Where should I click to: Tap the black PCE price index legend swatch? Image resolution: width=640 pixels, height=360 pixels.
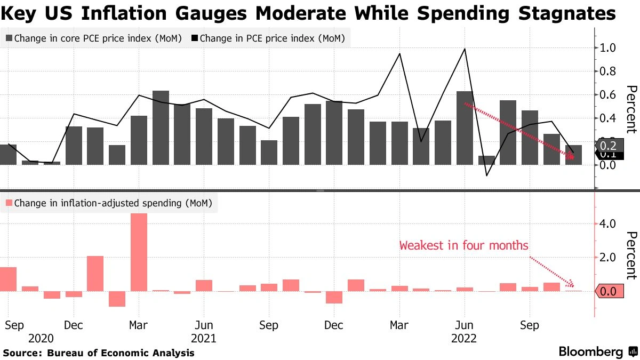(194, 38)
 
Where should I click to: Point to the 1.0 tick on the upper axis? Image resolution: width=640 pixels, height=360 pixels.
(607, 48)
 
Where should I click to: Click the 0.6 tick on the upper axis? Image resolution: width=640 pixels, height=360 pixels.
(607, 95)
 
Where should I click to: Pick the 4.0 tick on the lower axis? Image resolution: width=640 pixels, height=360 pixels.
(607, 223)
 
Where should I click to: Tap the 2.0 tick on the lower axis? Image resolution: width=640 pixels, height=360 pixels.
(607, 258)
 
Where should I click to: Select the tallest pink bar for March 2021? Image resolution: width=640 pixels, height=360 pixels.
(139, 252)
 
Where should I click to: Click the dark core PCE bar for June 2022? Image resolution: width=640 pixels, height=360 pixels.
(465, 128)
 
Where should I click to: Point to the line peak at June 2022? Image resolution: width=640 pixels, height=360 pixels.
(465, 49)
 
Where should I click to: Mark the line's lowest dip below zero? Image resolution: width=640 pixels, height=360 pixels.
(486, 175)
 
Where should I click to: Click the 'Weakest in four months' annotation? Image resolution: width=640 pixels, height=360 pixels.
(463, 246)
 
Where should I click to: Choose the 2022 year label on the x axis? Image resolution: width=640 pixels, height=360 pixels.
(464, 338)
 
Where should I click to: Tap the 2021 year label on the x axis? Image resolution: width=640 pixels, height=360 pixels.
(203, 338)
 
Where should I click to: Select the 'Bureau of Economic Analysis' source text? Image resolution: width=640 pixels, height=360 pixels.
(121, 353)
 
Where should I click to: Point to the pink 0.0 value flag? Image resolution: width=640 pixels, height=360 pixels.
(608, 292)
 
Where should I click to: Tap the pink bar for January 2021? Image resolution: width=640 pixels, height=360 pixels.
(95, 274)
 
